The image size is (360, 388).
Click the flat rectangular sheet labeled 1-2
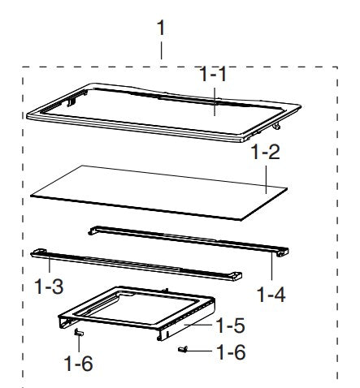[154, 192]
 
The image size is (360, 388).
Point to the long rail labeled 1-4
[187, 239]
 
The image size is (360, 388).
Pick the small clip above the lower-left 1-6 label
[78, 333]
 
